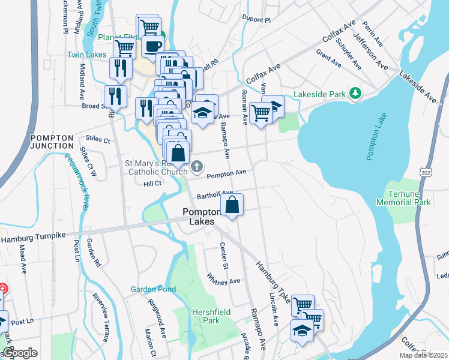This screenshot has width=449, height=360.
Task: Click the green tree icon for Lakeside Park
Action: (355, 93)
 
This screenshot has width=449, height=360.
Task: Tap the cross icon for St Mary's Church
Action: (198, 166)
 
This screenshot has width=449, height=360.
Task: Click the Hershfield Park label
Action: (206, 316)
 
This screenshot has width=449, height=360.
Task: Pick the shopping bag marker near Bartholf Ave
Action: (232, 205)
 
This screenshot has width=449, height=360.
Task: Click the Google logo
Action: (19, 353)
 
